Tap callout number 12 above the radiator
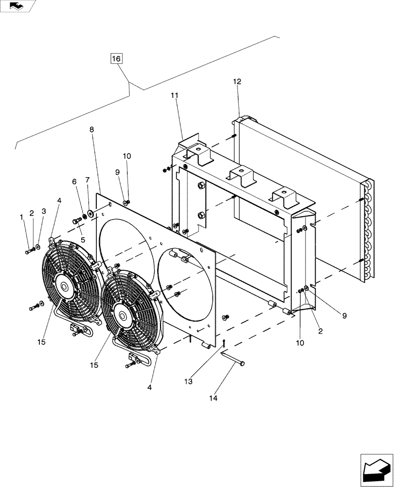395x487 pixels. [237, 82]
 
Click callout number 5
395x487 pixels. [83, 240]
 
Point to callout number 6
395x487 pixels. [74, 181]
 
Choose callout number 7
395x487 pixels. [88, 180]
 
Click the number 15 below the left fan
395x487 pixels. [41, 342]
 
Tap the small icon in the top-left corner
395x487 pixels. [18, 6]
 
